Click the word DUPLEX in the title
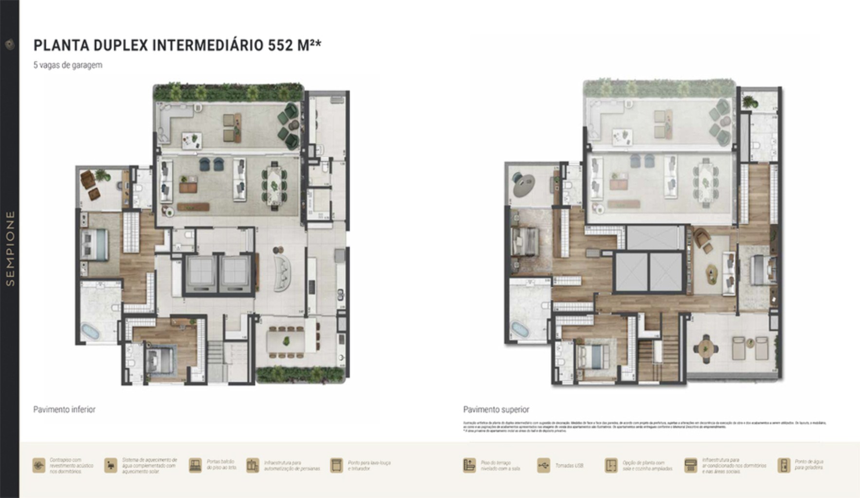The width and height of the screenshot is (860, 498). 120,45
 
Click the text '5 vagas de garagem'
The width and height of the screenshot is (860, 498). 68,65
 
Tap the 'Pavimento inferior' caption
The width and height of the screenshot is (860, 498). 64,409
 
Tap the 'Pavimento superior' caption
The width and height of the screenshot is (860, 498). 496,409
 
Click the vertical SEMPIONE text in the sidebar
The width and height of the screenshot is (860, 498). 10,248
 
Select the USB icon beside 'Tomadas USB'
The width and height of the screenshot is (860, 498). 543,465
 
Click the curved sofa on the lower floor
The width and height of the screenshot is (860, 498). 282,273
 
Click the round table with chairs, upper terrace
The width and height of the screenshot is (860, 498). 705,348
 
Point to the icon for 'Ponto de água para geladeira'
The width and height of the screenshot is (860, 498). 783,465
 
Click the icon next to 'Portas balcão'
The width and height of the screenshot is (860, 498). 195,465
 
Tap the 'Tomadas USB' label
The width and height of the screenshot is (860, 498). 569,466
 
